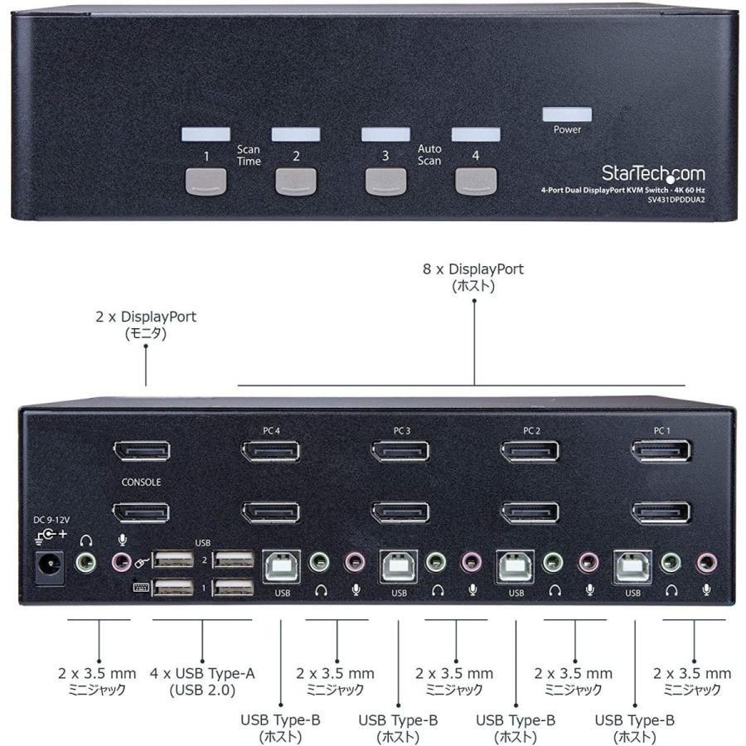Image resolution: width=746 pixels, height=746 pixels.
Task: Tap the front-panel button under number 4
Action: click(475, 181)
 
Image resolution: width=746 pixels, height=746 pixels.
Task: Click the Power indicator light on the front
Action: click(567, 114)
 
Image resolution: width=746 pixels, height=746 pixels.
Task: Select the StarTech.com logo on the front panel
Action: click(653, 174)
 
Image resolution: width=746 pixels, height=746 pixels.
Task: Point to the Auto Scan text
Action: click(429, 155)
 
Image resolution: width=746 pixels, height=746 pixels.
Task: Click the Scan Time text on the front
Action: click(249, 155)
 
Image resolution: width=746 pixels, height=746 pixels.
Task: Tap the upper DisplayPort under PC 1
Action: click(661, 452)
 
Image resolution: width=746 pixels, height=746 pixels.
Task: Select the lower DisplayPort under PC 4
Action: click(270, 512)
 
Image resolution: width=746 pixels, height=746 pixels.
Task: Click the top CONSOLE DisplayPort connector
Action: click(142, 452)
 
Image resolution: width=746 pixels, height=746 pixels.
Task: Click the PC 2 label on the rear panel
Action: click(531, 430)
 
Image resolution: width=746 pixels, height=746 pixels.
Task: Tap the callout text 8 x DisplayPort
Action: click(473, 269)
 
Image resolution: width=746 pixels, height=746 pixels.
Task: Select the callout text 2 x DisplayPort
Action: click(147, 317)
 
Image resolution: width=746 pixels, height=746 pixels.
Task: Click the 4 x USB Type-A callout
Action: click(202, 673)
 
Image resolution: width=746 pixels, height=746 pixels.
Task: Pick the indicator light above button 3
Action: click(385, 134)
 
